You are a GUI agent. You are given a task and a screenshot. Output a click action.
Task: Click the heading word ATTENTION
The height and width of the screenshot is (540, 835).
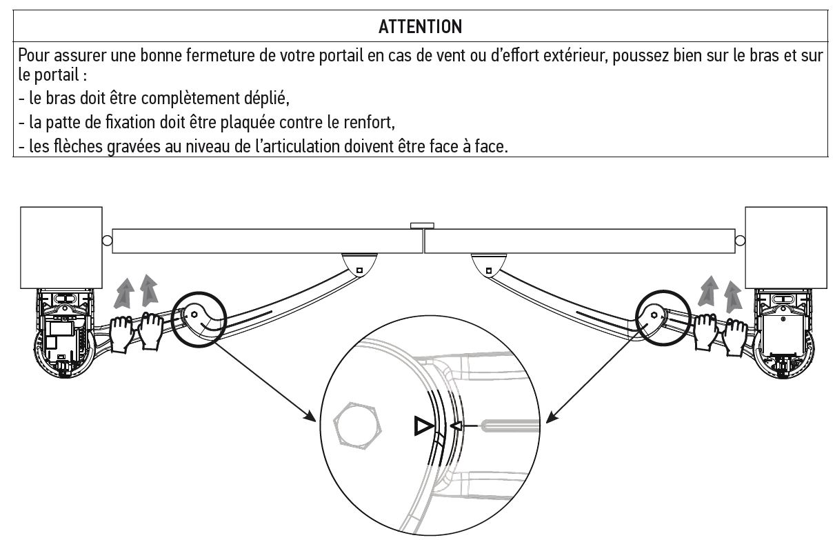click(x=420, y=27)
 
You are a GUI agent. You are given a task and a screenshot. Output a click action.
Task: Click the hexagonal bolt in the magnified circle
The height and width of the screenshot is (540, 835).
click(x=357, y=426)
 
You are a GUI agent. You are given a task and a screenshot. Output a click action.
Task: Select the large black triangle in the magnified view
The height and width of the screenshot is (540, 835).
click(x=423, y=426)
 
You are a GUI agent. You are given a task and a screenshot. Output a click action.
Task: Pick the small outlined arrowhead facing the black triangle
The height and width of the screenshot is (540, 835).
click(x=456, y=426)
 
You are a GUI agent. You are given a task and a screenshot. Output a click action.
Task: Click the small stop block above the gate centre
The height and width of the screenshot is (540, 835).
click(x=422, y=226)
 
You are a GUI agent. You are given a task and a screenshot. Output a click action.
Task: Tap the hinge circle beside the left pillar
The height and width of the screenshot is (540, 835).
click(x=107, y=241)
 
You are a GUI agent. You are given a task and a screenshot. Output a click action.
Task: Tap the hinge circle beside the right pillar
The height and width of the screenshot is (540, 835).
click(x=740, y=241)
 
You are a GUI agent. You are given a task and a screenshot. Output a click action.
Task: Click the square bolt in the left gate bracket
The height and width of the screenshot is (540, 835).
click(x=359, y=270)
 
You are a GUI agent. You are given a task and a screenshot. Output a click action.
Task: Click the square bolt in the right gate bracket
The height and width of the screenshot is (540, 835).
click(x=489, y=270)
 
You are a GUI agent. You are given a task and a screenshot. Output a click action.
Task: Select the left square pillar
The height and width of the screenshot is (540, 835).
click(x=61, y=248)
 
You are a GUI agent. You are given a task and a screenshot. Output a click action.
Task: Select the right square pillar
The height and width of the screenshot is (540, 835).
click(x=786, y=248)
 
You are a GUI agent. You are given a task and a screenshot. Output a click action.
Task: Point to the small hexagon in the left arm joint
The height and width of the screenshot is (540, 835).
click(x=194, y=314)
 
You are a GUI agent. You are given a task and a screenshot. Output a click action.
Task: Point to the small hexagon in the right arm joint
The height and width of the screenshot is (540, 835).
click(x=654, y=315)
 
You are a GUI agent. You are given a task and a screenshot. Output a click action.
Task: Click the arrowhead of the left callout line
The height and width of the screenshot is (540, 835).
click(x=311, y=417)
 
